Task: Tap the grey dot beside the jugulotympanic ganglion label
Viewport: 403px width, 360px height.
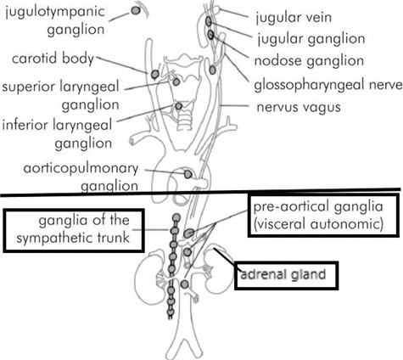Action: [x=136, y=11]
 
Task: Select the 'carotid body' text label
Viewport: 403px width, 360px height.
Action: [x=48, y=59]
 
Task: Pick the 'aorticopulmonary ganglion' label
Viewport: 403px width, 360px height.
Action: [x=81, y=174]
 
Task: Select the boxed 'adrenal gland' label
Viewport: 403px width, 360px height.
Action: [x=287, y=275]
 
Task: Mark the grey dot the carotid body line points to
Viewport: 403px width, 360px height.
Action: [x=155, y=75]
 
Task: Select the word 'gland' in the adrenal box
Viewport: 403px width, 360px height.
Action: [x=313, y=275]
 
